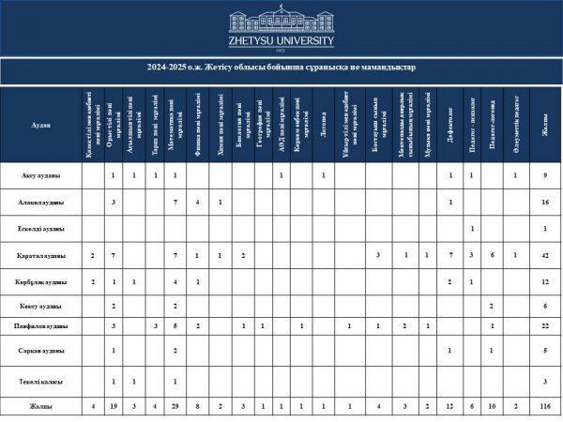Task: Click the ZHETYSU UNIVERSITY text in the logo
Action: coord(281,41)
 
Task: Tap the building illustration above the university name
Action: coord(281,22)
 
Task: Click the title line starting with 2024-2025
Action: coord(281,68)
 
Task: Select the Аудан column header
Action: coord(41,126)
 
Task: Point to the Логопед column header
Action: coord(323,126)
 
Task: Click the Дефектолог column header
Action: coord(450,126)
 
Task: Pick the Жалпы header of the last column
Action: coord(544,126)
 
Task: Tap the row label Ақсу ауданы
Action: coord(41,175)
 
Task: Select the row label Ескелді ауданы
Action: coord(41,229)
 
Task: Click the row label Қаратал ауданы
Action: coord(41,255)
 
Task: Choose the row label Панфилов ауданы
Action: coord(41,325)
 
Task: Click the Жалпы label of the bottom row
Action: coord(41,407)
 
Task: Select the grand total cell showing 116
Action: coord(544,407)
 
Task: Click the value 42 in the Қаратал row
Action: coord(544,255)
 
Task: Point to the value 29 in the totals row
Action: coord(175,407)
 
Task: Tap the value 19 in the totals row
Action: coord(113,407)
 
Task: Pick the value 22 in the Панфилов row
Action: coord(544,325)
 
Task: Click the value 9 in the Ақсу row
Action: coord(544,175)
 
